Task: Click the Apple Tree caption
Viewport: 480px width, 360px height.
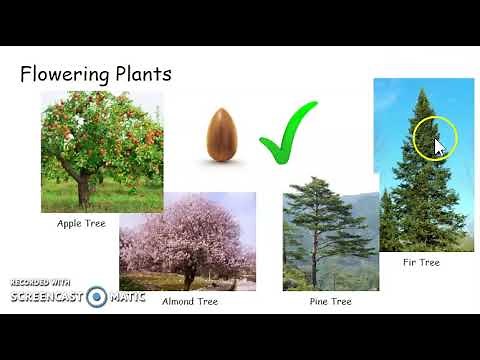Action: point(83,223)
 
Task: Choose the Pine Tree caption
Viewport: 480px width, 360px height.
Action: point(330,300)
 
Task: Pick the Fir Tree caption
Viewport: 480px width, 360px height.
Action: point(420,263)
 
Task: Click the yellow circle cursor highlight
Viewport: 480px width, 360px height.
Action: point(434,139)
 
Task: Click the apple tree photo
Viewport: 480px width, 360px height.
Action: point(102,151)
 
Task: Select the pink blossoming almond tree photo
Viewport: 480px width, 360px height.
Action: point(187,240)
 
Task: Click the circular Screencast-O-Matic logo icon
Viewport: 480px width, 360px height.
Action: point(97,297)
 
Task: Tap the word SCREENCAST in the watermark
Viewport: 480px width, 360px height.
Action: point(47,297)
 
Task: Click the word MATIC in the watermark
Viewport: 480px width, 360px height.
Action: point(127,297)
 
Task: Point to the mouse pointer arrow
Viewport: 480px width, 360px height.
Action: point(439,146)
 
